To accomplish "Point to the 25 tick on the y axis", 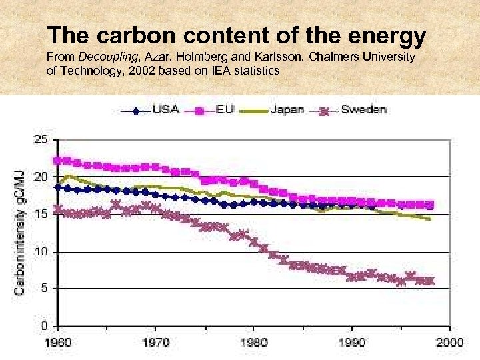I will (41, 140).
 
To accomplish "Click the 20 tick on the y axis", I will (41, 177).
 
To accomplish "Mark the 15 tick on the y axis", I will (41, 215).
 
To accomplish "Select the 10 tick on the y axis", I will (41, 252).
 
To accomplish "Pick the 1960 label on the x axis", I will (58, 342).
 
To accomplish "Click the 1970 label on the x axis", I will (156, 342).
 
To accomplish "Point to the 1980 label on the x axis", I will (254, 342).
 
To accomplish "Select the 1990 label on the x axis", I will (352, 342).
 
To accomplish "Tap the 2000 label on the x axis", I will (449, 342).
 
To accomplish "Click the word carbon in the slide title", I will (122, 35).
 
